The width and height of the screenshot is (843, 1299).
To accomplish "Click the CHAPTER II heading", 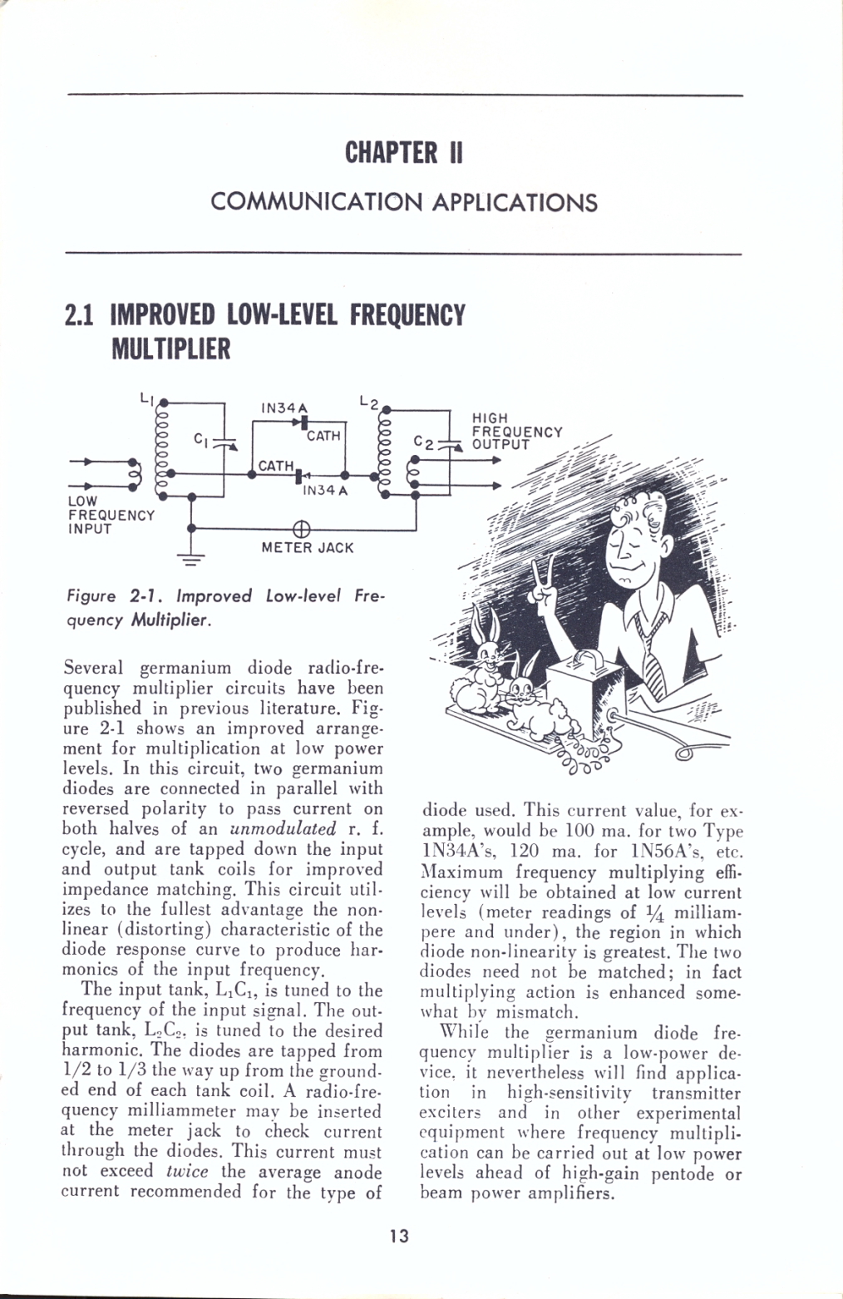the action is coord(404,152).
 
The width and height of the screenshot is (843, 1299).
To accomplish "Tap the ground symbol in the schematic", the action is coord(191,561).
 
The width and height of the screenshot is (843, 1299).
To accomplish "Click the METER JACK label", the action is coord(308,548).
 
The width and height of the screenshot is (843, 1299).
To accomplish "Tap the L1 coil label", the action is coord(146,398).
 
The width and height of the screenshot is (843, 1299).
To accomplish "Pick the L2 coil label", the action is coord(369,401).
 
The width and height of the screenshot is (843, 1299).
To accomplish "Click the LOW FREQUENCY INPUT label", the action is coord(111,515).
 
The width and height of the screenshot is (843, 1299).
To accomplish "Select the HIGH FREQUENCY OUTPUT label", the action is coord(517,431).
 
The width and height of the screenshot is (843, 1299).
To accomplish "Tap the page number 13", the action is coord(399,1237).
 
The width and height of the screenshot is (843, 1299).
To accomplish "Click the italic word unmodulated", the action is coord(283,828).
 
